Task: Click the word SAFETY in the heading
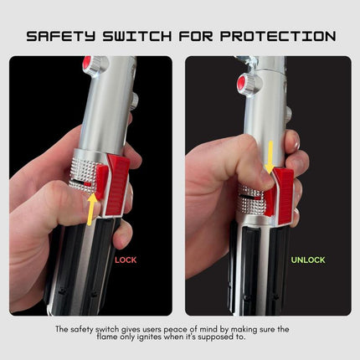(61, 36)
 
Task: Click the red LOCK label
(126, 260)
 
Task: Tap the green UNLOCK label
(308, 260)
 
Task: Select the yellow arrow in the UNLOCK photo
(270, 156)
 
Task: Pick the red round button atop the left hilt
(87, 64)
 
